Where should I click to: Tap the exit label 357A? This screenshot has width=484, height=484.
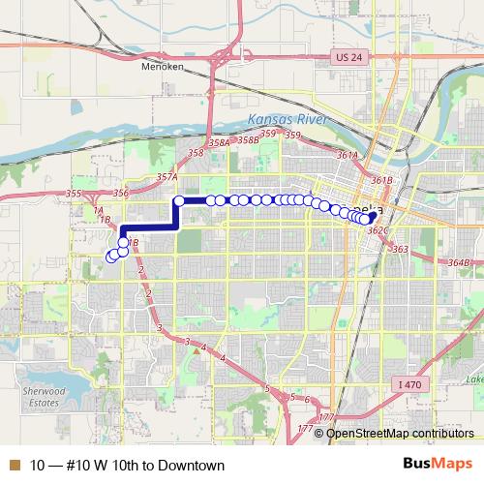coord(166,177)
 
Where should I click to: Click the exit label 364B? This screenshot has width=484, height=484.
coord(459,262)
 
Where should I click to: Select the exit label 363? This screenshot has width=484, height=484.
coord(400,249)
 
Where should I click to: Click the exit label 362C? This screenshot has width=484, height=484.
coord(378,230)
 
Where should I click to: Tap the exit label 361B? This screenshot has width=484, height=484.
coord(380,180)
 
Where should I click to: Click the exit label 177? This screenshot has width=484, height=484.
coord(306,428)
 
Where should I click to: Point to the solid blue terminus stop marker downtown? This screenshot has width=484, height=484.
coord(372,217)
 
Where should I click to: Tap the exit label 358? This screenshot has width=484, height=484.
coord(196,153)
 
